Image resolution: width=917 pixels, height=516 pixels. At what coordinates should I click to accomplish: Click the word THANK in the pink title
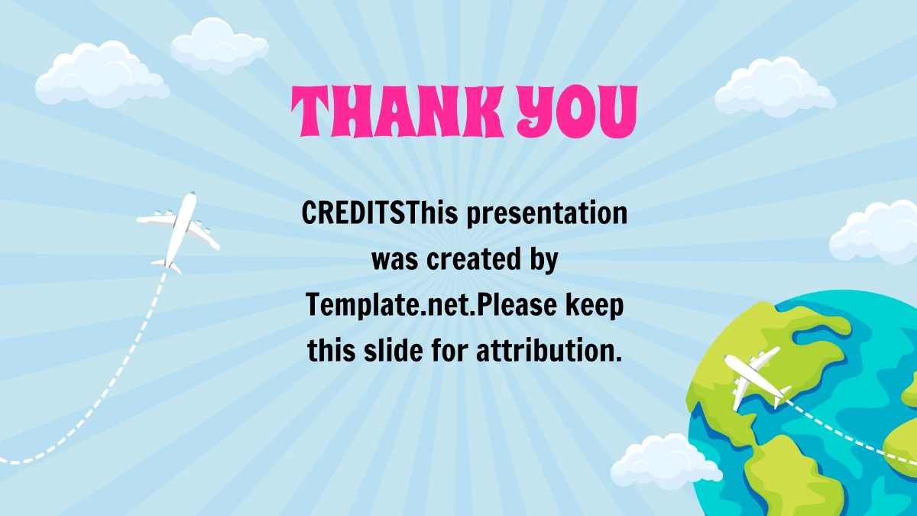point(397,112)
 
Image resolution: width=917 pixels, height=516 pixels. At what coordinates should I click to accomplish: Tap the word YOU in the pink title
point(577,112)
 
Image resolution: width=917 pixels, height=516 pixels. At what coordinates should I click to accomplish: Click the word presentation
point(547,214)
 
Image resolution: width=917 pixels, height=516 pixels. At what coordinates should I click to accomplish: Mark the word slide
point(394,351)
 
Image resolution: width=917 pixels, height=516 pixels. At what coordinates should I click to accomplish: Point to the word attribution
point(549,351)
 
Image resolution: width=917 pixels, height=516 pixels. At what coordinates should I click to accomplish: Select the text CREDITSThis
point(380,214)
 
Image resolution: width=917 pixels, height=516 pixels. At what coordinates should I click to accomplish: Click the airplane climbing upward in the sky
point(179,232)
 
